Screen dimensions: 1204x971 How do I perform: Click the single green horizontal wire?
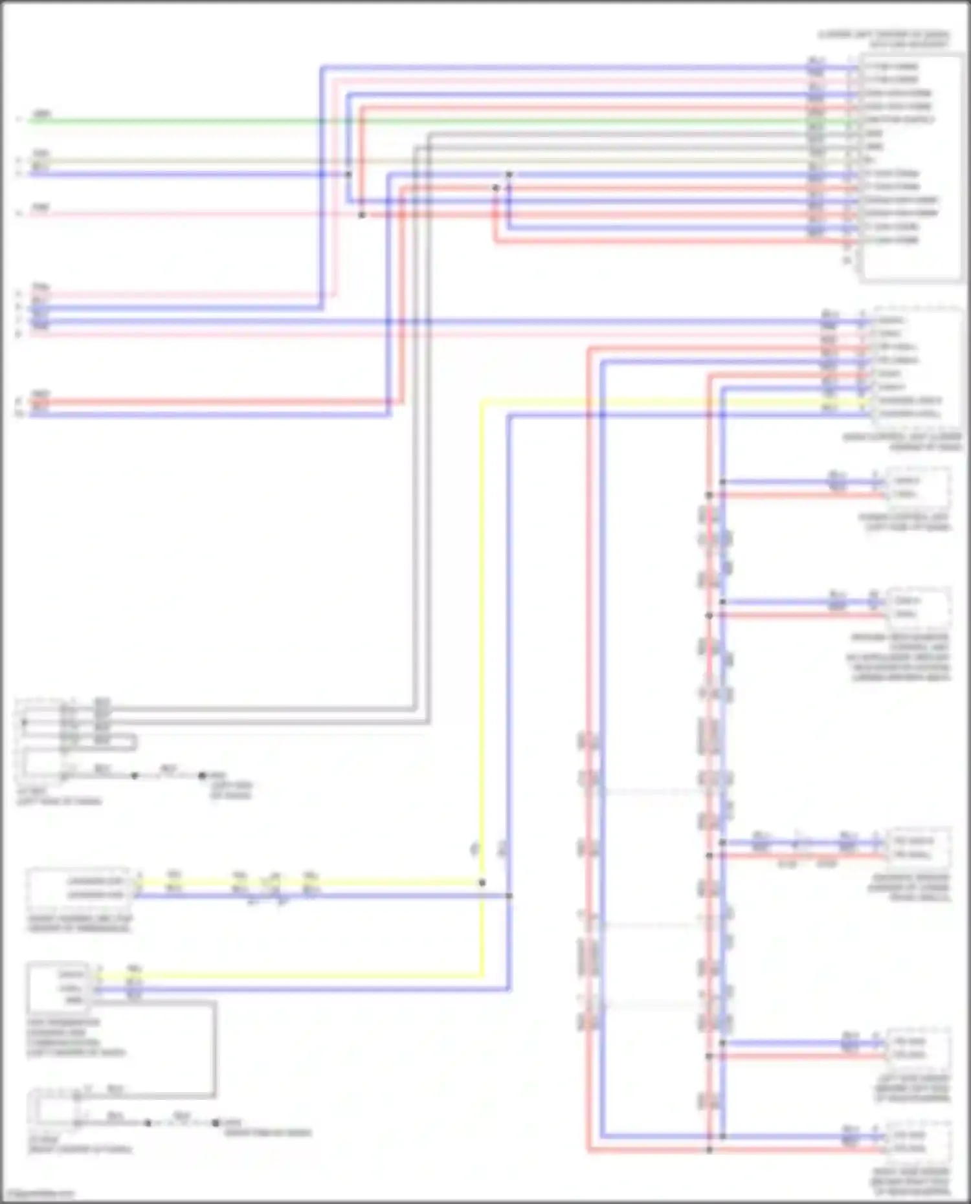point(453,121)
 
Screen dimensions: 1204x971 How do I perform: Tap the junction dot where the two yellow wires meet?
point(482,882)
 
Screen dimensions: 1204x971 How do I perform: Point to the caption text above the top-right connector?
point(884,39)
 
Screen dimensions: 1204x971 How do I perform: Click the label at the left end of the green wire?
point(41,115)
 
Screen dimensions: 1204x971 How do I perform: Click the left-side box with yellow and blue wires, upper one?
point(78,888)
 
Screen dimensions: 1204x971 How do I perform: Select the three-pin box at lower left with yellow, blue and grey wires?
point(58,986)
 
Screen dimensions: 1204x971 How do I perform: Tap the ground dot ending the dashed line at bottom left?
point(216,1122)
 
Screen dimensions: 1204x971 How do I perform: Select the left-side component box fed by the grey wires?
point(42,738)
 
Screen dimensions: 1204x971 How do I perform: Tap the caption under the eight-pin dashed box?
point(902,442)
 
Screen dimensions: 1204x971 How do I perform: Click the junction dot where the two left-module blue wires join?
point(509,895)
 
